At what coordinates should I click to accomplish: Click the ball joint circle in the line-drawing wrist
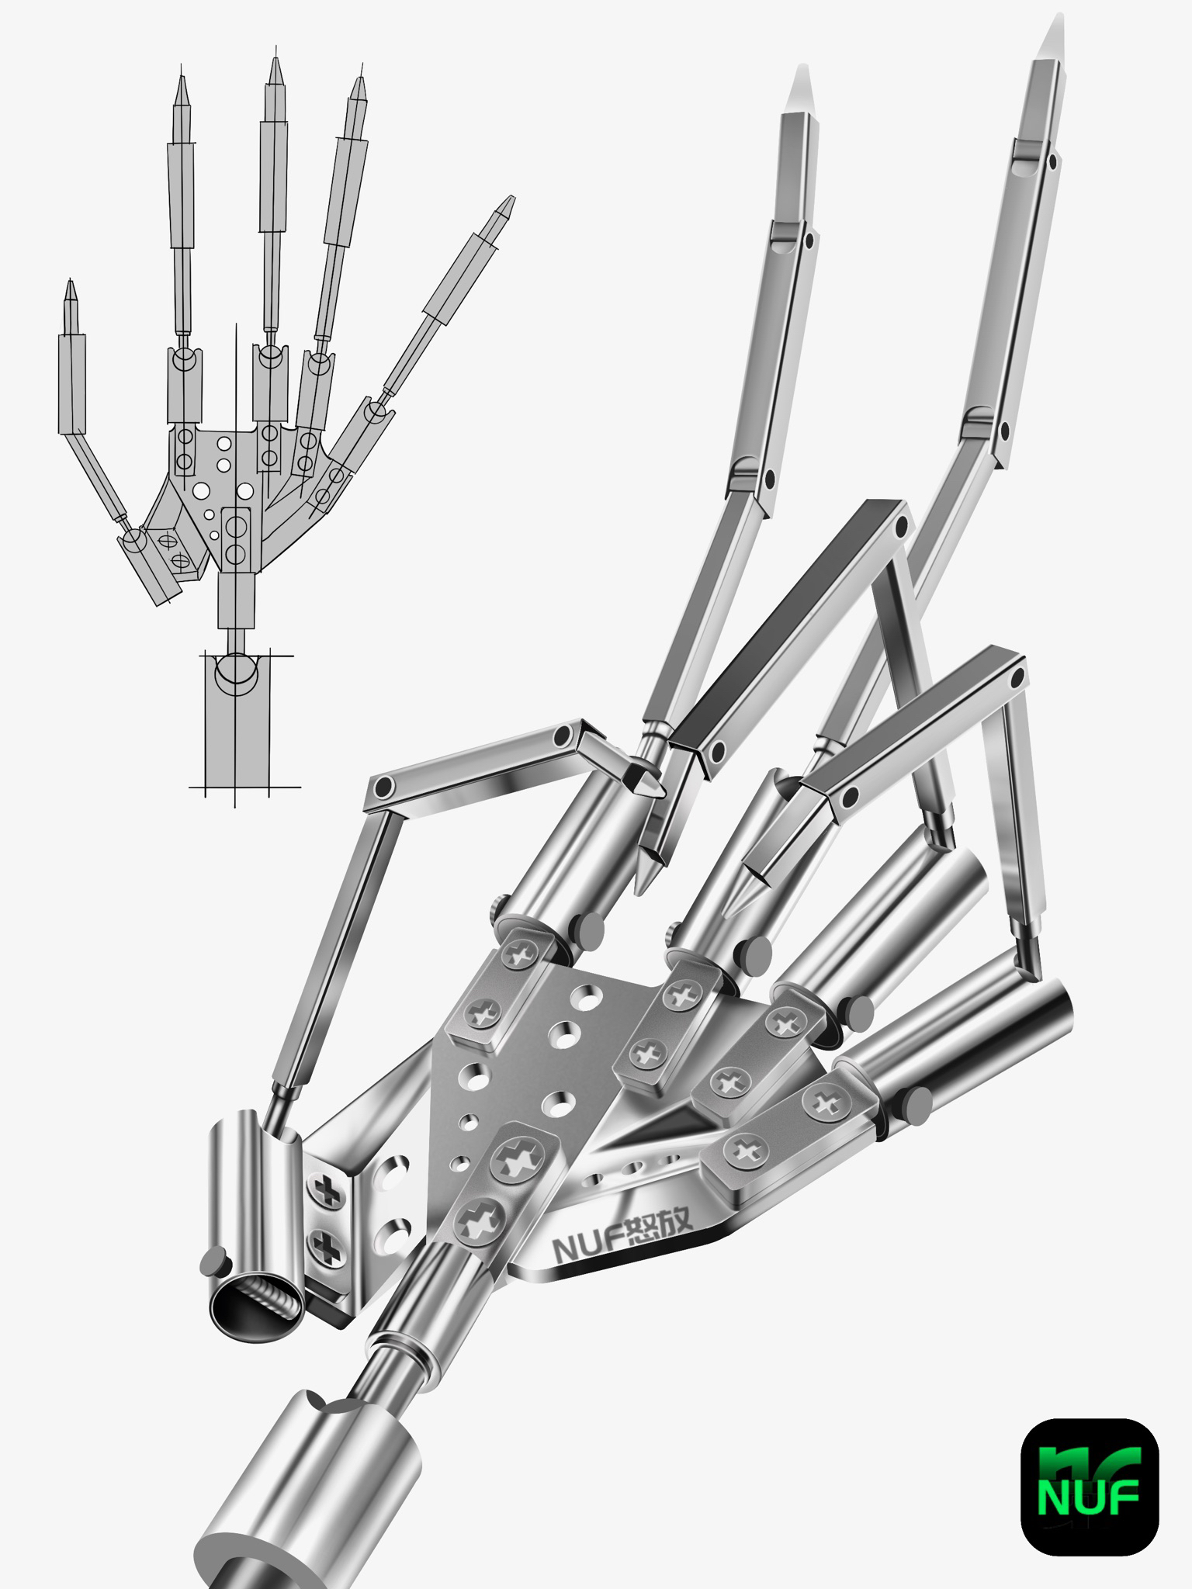pyautogui.click(x=236, y=671)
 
